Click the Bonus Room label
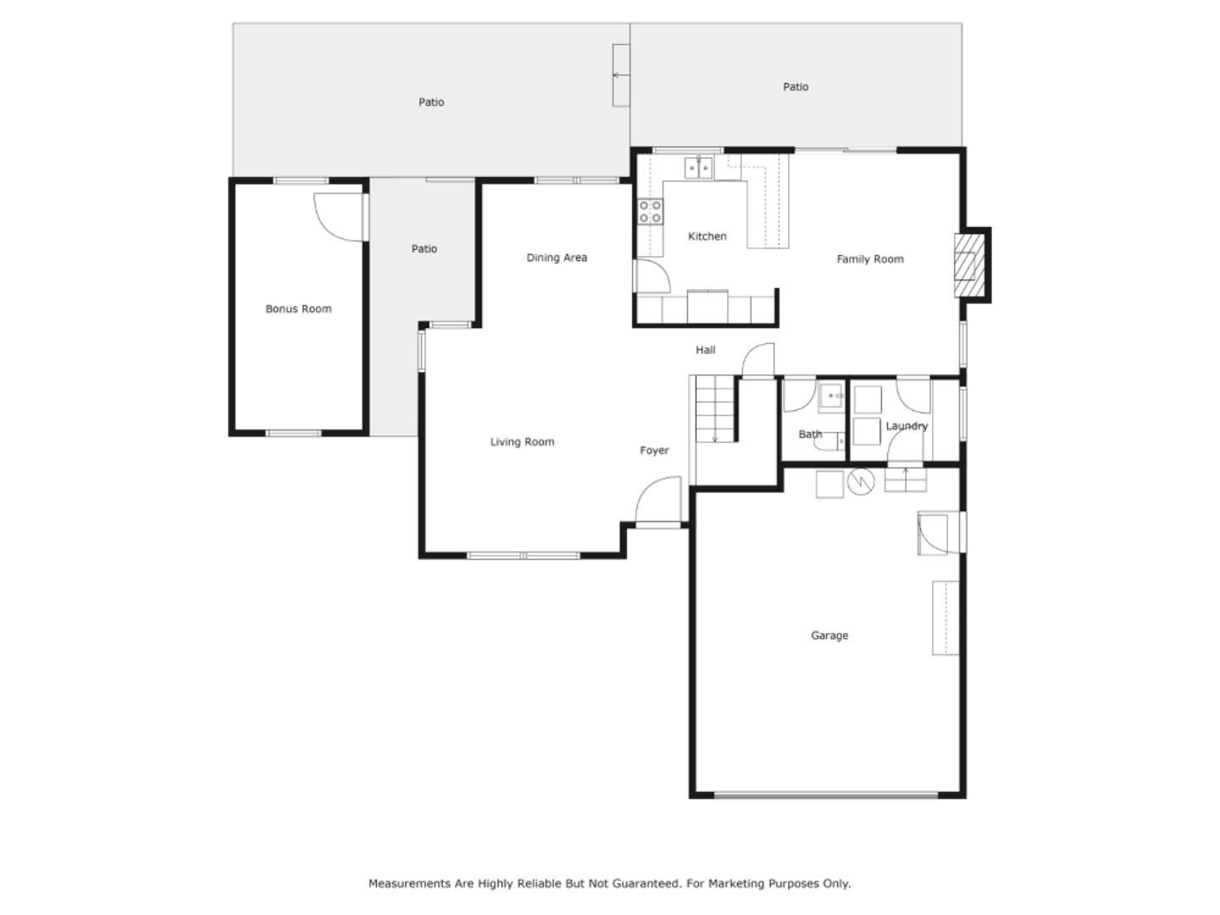(x=298, y=309)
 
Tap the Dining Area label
(x=557, y=258)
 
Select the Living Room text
(x=522, y=441)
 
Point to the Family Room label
(x=870, y=259)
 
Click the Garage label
(x=829, y=635)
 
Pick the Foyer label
(x=654, y=451)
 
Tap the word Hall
(x=706, y=350)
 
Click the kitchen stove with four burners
(x=651, y=212)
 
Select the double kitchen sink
(x=699, y=168)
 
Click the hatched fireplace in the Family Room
(x=968, y=265)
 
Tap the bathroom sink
(x=831, y=396)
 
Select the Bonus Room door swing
(x=339, y=217)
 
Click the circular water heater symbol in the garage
(x=861, y=481)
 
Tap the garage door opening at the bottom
(x=826, y=795)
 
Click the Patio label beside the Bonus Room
(x=424, y=249)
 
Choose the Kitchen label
(x=707, y=236)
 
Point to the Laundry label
(x=907, y=426)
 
